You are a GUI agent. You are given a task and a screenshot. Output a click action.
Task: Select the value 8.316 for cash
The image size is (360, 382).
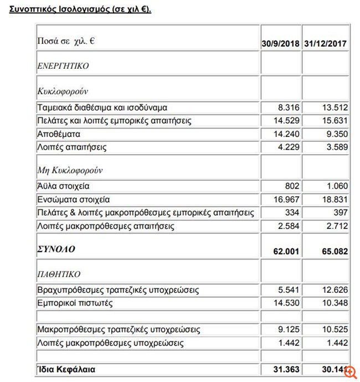pyautogui.click(x=289, y=108)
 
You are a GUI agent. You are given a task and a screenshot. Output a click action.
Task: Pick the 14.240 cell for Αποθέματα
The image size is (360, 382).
pyautogui.click(x=287, y=134)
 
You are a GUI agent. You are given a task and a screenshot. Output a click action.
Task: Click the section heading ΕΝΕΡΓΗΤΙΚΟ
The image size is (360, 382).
pyautogui.click(x=63, y=66)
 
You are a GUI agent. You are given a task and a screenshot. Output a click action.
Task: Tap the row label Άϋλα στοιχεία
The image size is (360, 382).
pyautogui.click(x=63, y=186)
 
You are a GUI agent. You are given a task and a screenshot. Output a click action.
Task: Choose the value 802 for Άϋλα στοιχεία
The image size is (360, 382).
pyautogui.click(x=292, y=186)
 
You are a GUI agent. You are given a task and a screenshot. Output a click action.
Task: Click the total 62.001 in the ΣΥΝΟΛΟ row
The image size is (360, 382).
pyautogui.click(x=287, y=251)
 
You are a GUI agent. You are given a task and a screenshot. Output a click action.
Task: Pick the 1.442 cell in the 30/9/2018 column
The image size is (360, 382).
pyautogui.click(x=289, y=343)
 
